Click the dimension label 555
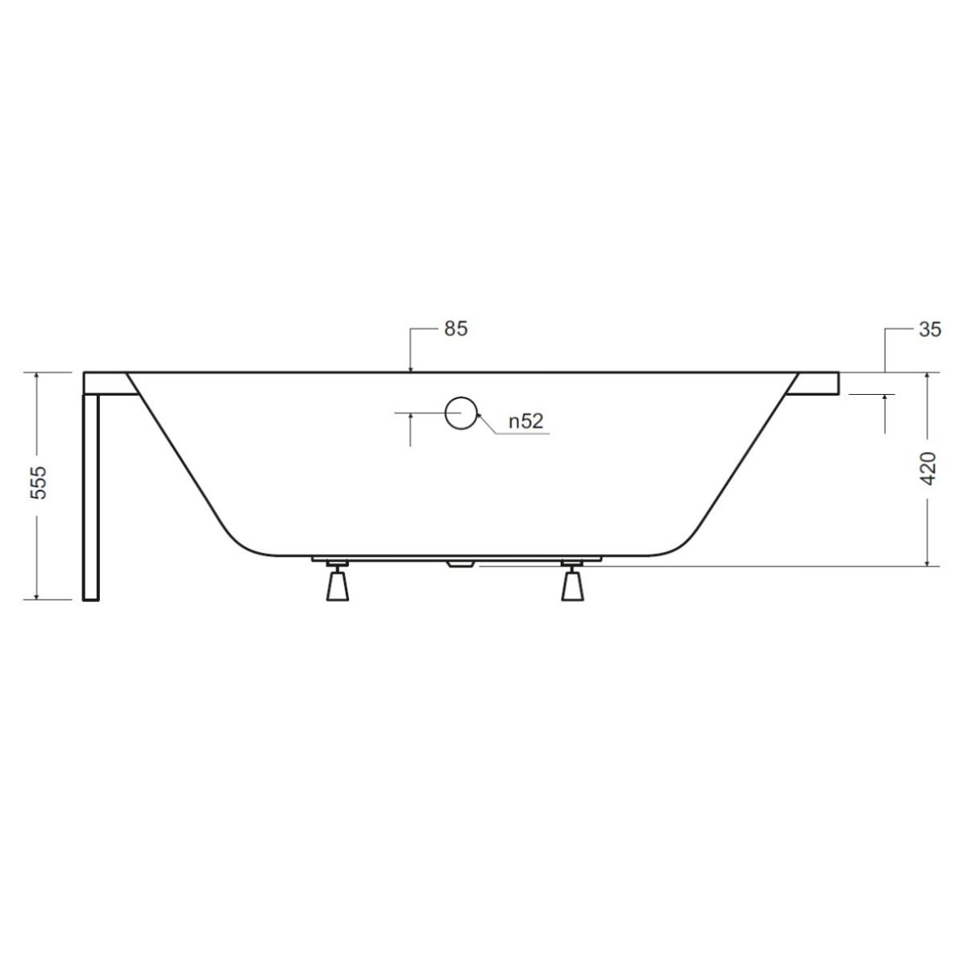click(x=39, y=482)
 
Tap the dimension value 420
click(x=929, y=468)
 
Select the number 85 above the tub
click(x=455, y=329)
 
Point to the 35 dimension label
click(x=930, y=330)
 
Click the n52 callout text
click(x=526, y=421)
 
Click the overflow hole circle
click(x=461, y=412)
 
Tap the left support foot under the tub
click(x=337, y=581)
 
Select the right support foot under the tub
click(x=572, y=581)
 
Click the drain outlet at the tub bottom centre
click(x=460, y=564)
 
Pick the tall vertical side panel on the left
click(x=91, y=497)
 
